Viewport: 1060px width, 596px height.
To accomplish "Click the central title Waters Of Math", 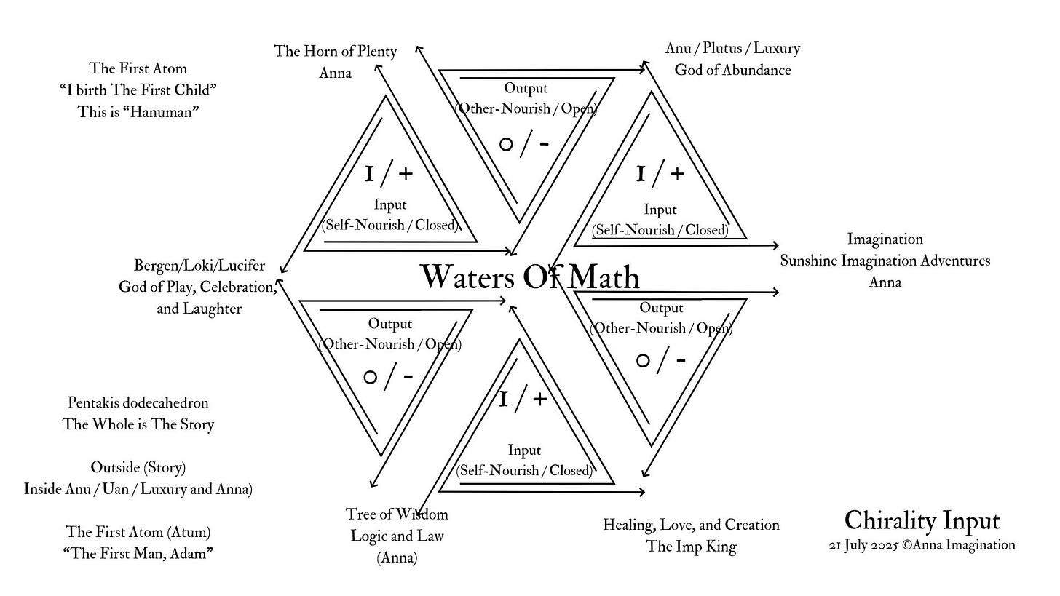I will click(530, 277).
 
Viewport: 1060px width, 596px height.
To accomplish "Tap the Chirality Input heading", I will click(922, 521).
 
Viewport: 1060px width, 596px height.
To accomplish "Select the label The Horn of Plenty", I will click(335, 52).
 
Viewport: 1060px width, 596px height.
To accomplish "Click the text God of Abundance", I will click(732, 71).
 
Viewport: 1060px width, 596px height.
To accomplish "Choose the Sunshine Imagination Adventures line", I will click(885, 261).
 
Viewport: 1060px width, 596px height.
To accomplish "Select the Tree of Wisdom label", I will click(397, 514).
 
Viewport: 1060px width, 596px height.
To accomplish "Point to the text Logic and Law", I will click(397, 536).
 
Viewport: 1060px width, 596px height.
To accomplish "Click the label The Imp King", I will click(691, 547).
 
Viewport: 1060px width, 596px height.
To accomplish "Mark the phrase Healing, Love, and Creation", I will click(691, 525).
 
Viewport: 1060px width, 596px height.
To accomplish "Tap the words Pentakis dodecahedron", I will click(138, 402).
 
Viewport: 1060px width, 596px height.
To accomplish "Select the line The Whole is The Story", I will click(138, 424).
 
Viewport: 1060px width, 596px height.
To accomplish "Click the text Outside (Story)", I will click(138, 467).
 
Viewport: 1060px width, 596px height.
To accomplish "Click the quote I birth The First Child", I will click(138, 90).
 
